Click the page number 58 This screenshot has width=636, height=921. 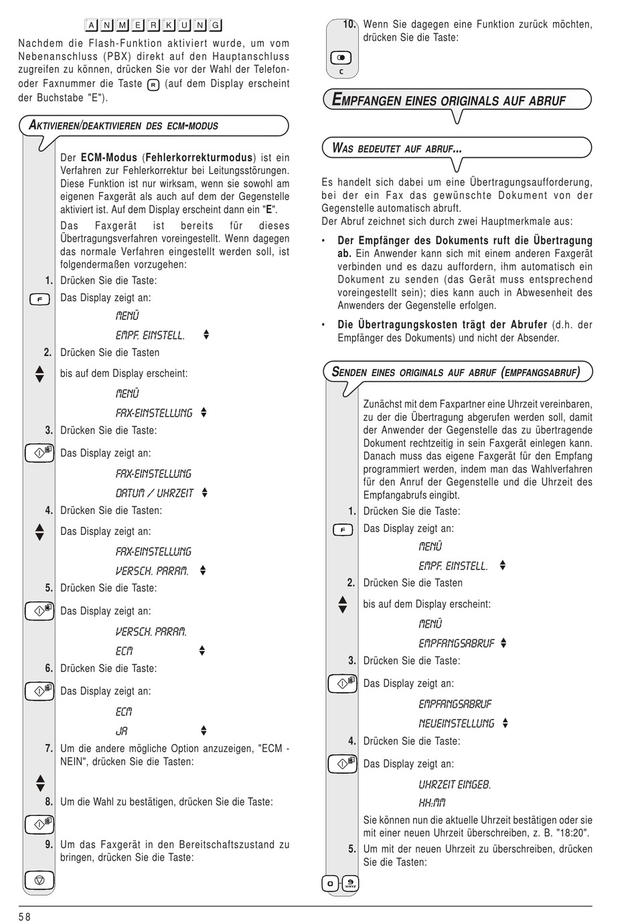pos(24,916)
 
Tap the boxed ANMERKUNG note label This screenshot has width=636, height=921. pos(153,25)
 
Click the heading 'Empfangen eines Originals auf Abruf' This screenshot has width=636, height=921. pos(449,101)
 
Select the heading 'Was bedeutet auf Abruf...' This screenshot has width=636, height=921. pos(397,149)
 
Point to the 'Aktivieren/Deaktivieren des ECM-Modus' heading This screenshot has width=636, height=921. pos(123,125)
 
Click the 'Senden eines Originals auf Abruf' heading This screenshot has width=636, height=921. pos(455,372)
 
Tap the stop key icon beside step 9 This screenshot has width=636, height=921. pos(39,879)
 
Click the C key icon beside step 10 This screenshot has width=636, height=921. pos(341,58)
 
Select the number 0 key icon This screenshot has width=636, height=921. pos(330,884)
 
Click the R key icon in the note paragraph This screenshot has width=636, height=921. pos(153,84)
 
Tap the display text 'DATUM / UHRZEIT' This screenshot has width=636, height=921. pos(155,493)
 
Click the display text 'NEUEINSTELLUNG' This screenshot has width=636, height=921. pos(457,724)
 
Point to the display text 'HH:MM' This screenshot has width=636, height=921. pos(432,803)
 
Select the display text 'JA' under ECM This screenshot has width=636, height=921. pos(121,731)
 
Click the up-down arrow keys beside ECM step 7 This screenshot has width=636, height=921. pos(40,782)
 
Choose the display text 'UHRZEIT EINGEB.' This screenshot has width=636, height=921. pos(455,784)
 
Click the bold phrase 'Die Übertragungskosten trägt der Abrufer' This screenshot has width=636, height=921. pos(442,325)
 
